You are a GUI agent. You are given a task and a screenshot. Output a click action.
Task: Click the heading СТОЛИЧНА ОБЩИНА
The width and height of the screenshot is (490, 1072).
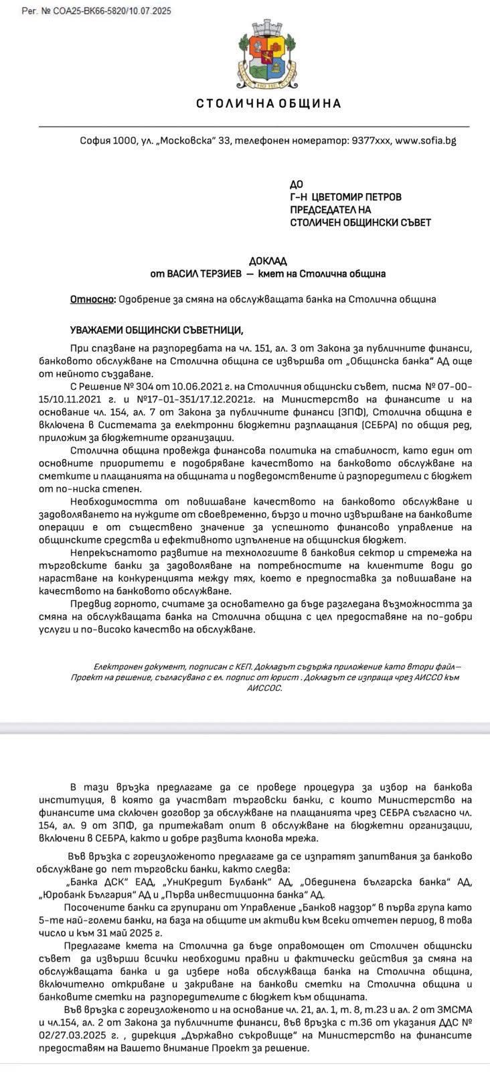click(x=268, y=104)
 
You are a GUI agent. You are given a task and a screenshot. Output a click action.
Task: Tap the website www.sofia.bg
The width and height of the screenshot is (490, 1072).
click(x=426, y=141)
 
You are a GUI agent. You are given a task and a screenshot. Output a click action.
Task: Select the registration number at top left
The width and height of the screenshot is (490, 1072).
click(x=96, y=11)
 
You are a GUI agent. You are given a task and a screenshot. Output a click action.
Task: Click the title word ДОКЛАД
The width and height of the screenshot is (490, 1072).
click(x=268, y=261)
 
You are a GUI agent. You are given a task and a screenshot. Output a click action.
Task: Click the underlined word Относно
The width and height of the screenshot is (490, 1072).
click(x=92, y=299)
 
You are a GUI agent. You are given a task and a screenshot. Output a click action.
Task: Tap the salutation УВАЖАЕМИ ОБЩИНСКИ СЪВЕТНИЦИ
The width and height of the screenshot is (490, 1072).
click(x=157, y=330)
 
